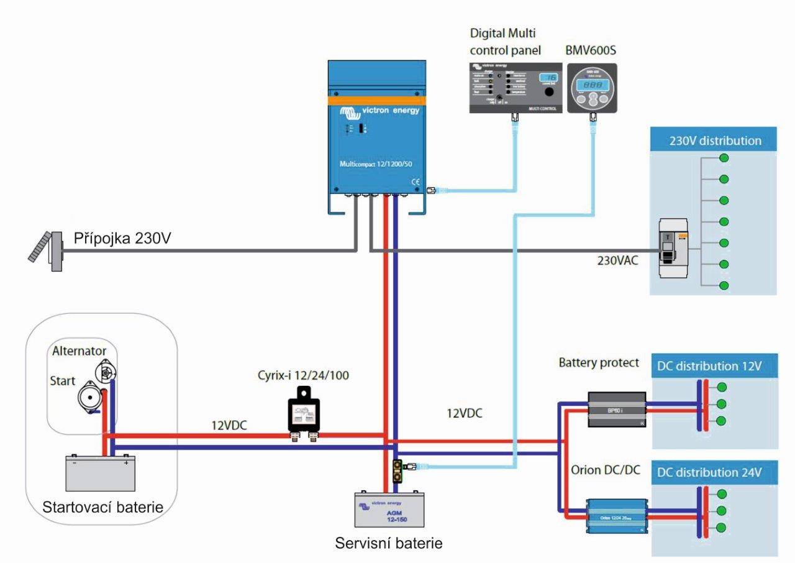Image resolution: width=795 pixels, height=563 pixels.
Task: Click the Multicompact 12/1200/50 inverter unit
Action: pos(376,134)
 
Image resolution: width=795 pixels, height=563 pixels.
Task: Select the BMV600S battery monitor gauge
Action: pos(592,88)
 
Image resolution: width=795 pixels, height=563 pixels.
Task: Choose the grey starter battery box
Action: pos(101,474)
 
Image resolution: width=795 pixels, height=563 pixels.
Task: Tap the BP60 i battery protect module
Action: pos(617,409)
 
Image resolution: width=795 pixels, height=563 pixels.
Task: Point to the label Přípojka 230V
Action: pos(122,238)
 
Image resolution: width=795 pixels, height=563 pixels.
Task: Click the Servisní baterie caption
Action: pos(389,543)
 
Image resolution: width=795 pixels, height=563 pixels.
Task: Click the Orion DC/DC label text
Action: pos(605,470)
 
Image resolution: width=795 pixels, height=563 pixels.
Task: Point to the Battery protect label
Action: pos(599,362)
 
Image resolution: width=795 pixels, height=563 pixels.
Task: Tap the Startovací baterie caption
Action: pos(103,507)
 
